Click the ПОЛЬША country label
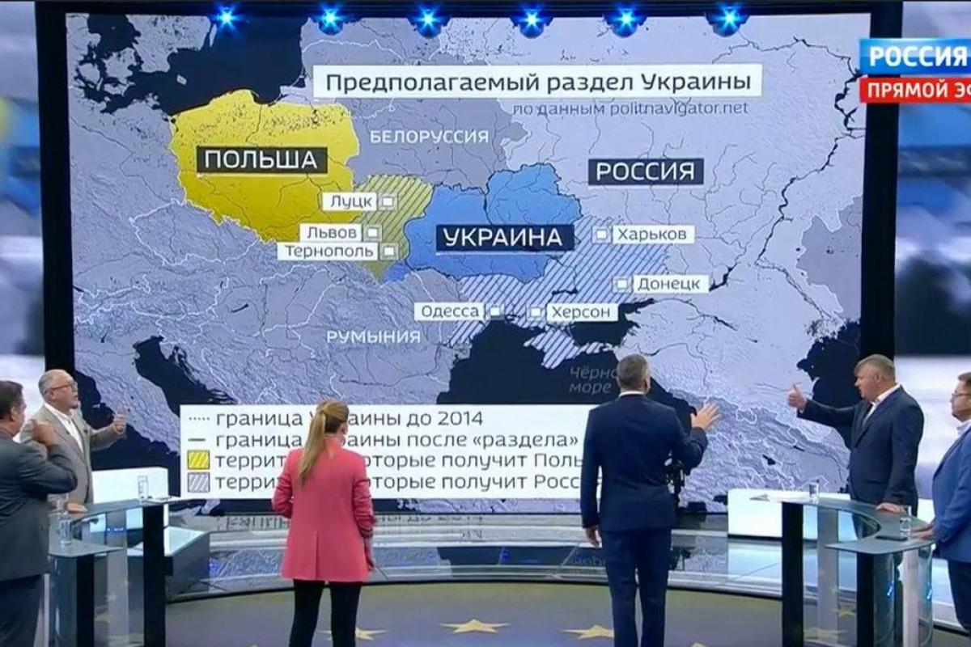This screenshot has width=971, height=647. (261, 159)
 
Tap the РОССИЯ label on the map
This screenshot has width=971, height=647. (645, 171)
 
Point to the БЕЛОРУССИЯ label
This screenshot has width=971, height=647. (429, 137)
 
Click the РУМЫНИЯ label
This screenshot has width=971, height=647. (374, 336)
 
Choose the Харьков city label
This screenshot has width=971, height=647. (653, 235)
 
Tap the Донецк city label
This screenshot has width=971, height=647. (671, 284)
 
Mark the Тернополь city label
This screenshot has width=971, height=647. (327, 252)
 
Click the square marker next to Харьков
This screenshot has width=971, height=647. (601, 235)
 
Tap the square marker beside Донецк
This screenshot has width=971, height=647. (621, 284)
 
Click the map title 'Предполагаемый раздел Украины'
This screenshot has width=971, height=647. (536, 82)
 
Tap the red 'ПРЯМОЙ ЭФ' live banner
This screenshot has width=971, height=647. (914, 89)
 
